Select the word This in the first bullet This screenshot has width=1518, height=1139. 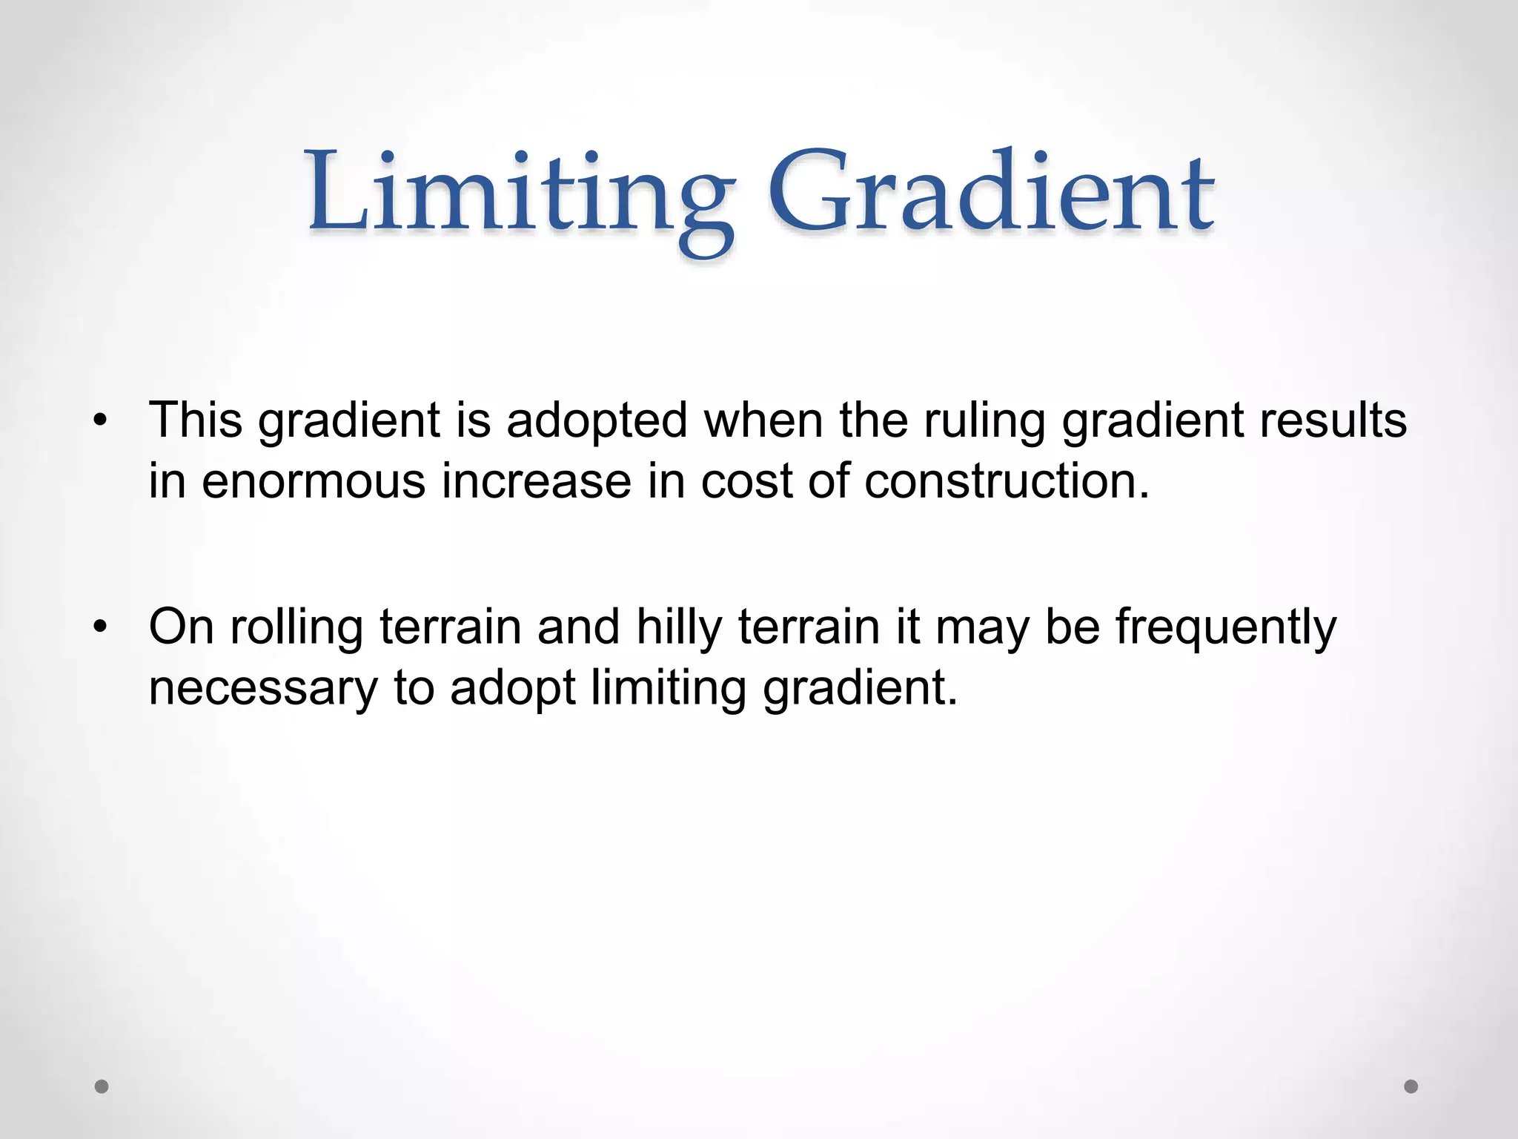coord(196,420)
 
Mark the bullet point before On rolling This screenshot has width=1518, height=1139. coord(102,627)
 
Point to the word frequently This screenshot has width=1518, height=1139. coord(1226,627)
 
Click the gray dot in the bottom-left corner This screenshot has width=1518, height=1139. coord(102,1086)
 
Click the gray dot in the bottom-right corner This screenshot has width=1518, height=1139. coord(1411,1086)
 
